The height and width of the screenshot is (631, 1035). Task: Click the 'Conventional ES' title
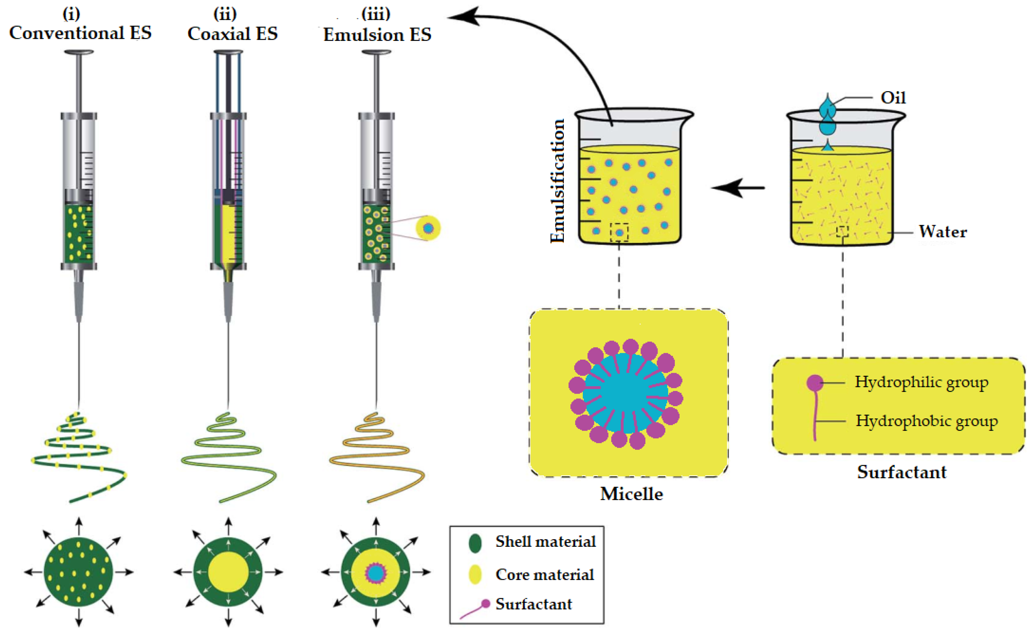point(80,33)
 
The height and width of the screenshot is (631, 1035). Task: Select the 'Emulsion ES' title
point(377,34)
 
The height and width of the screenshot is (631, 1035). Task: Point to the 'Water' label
point(943,231)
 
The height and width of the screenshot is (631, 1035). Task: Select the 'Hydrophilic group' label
point(921,382)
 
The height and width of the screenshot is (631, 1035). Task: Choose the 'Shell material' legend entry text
point(545,542)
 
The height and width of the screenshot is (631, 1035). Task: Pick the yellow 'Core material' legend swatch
point(475,574)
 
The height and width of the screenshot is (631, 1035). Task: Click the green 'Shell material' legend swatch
point(475,543)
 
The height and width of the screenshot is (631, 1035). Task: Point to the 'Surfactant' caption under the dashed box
point(901,472)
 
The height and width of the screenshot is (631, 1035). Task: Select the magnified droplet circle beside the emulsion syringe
point(428,228)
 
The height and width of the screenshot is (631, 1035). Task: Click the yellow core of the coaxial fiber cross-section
point(228,572)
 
